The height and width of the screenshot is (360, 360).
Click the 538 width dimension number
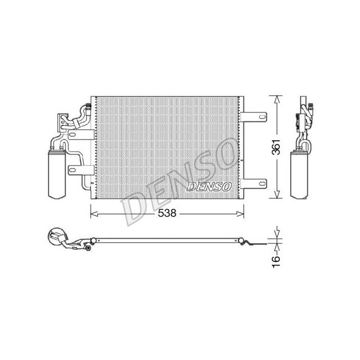coord(167,213)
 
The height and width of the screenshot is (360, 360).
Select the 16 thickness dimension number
coord(276,261)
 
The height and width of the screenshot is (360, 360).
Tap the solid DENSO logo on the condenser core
coord(209,187)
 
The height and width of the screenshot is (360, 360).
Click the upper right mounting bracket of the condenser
coord(253,117)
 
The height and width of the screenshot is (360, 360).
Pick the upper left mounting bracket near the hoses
coord(81,135)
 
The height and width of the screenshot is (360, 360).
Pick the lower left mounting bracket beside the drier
coord(81,170)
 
